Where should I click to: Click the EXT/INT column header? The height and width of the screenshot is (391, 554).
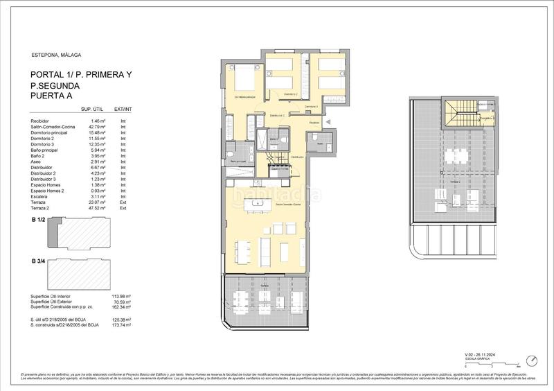click(123, 110)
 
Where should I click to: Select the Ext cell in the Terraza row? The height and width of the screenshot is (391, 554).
click(123, 202)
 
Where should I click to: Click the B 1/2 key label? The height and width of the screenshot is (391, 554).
click(39, 220)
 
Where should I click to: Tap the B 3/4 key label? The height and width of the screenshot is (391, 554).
click(39, 261)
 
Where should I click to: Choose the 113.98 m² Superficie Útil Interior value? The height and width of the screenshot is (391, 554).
click(121, 295)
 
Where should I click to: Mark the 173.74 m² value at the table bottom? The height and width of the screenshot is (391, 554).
click(121, 324)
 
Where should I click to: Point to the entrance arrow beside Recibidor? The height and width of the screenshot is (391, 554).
click(328, 123)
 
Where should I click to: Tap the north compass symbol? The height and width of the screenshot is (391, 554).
click(532, 361)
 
